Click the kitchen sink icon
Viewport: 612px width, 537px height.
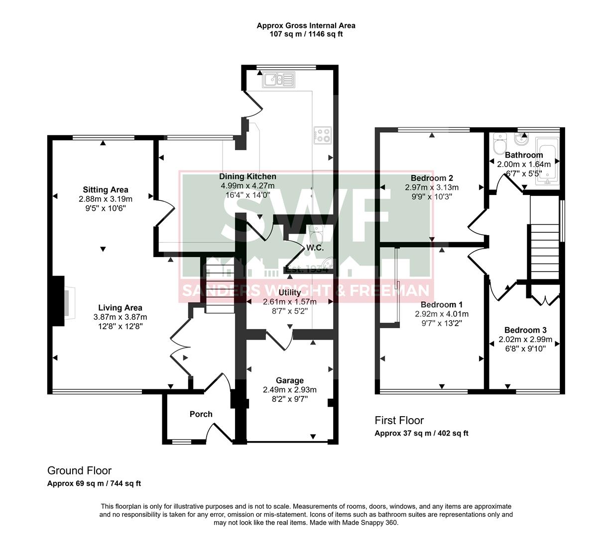pyautogui.click(x=279, y=80)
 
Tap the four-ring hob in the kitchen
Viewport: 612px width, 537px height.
pyautogui.click(x=322, y=135)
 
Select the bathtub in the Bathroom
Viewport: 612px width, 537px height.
pyautogui.click(x=547, y=162)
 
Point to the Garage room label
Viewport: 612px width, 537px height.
pyautogui.click(x=290, y=380)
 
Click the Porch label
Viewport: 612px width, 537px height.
pyautogui.click(x=201, y=414)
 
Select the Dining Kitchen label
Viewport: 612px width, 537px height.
pyautogui.click(x=247, y=177)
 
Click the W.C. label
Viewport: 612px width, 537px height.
pyautogui.click(x=316, y=247)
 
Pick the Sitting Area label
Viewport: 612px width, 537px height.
pyautogui.click(x=105, y=189)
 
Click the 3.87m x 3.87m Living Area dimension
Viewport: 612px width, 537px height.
pyautogui.click(x=120, y=317)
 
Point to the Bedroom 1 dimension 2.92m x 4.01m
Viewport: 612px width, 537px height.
pyautogui.click(x=442, y=314)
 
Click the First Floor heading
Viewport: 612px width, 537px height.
pyautogui.click(x=399, y=421)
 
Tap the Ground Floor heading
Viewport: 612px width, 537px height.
pyautogui.click(x=79, y=470)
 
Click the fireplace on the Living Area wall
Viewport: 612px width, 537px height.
pyautogui.click(x=65, y=301)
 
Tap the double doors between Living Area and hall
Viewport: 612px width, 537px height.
pyautogui.click(x=178, y=343)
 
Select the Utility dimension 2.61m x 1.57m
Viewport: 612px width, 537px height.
pyautogui.click(x=289, y=301)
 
